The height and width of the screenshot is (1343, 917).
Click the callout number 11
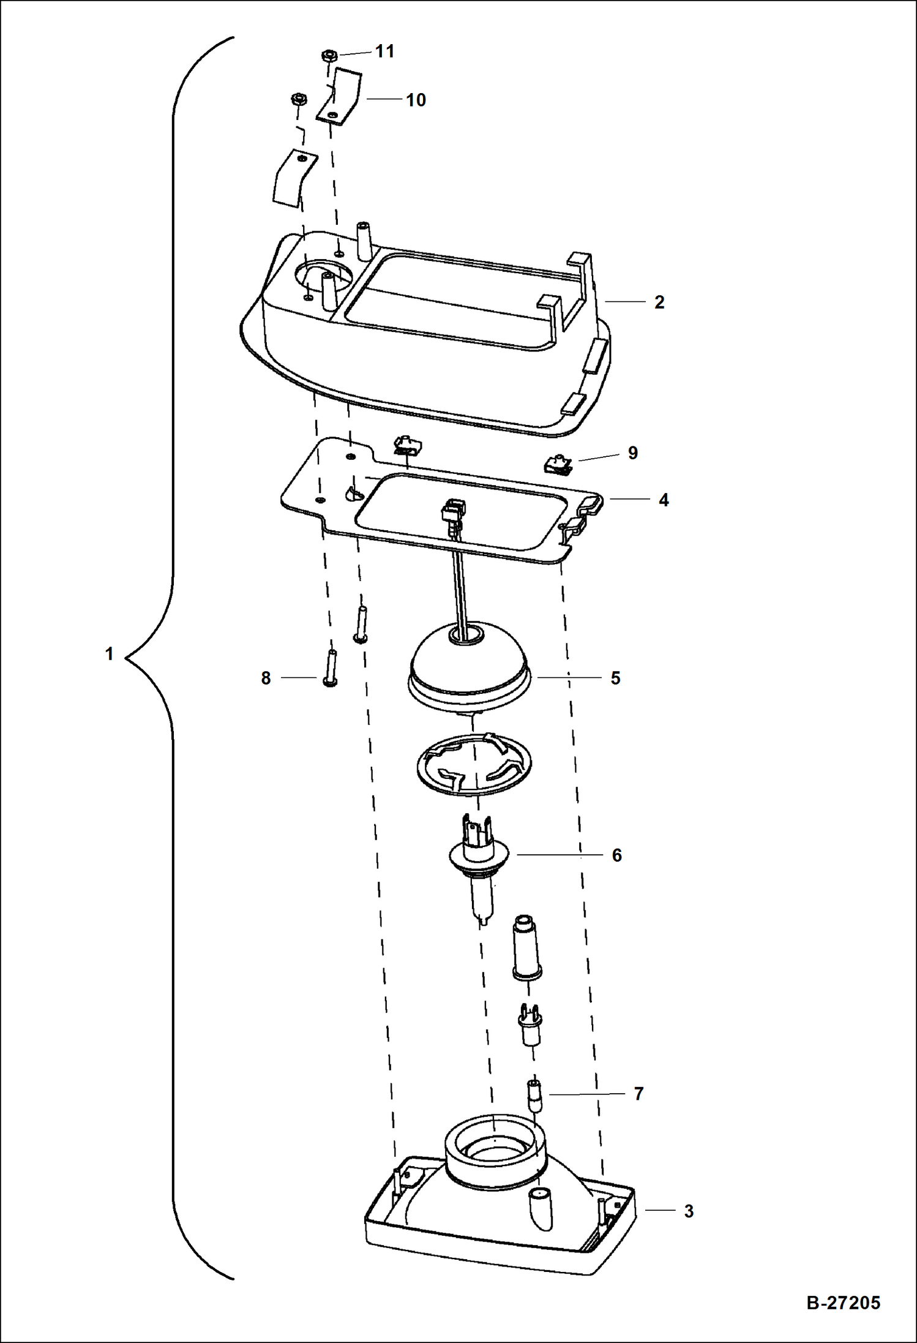point(384,51)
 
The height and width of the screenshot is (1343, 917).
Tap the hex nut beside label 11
point(329,56)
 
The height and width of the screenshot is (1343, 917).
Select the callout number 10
point(416,100)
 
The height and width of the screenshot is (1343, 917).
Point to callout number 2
point(659,302)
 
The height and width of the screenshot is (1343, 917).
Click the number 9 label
point(632,453)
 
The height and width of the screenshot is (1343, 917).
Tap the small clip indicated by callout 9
point(558,464)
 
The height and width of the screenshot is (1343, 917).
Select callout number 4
point(664,500)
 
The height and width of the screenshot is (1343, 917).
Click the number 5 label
point(615,678)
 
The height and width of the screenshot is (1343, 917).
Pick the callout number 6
point(616,855)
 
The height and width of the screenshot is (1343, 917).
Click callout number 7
point(638,1094)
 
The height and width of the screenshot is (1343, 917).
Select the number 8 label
point(266,678)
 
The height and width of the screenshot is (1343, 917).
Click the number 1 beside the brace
point(109,654)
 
